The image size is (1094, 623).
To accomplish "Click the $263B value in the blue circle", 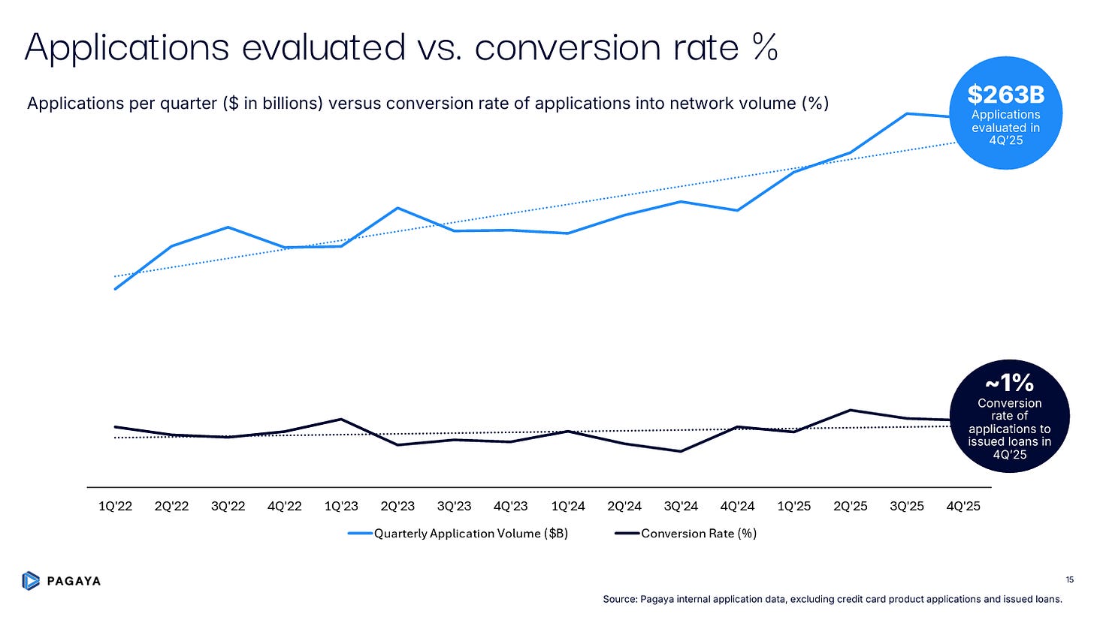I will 1005,95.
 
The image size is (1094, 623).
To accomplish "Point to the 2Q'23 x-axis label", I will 397,506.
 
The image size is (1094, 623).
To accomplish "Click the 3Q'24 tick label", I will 680,506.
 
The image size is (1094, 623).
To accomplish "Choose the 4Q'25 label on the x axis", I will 963,506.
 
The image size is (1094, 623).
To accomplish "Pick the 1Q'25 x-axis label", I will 793,506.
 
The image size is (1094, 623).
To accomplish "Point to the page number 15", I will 1069,579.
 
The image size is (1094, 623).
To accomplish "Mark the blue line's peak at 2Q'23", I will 397,208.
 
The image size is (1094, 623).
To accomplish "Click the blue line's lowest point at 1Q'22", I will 115,289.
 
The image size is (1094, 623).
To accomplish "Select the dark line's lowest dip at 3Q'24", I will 680,451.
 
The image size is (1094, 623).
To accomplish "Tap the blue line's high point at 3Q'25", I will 907,114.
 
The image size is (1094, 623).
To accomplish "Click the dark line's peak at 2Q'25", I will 851,410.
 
